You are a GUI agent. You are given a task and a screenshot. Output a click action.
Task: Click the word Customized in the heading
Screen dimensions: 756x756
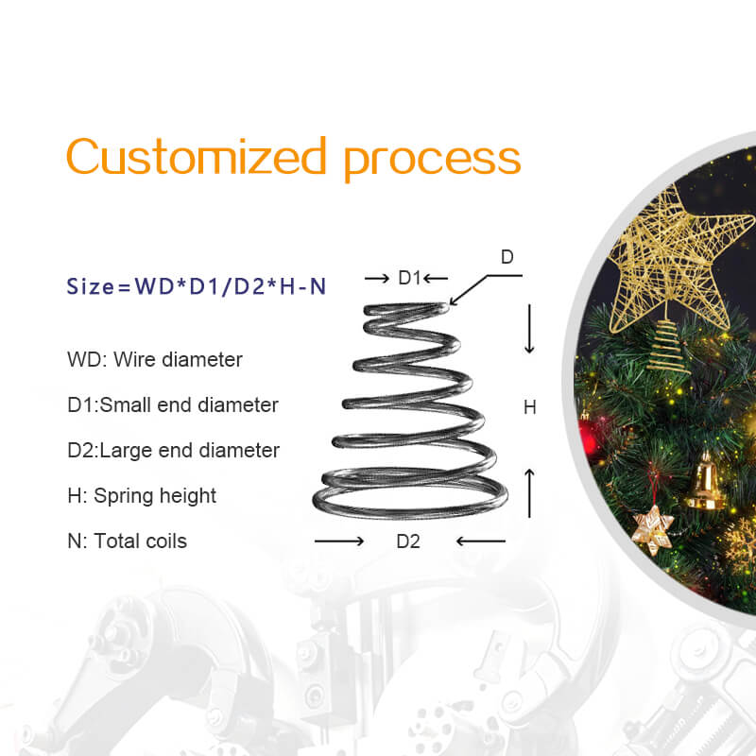click(197, 156)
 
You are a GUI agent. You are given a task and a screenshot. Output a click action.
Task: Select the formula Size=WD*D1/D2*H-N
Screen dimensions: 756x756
click(197, 286)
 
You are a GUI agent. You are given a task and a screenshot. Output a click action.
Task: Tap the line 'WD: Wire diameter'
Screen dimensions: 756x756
click(155, 360)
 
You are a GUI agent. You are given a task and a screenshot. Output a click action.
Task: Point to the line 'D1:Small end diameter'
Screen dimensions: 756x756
click(173, 405)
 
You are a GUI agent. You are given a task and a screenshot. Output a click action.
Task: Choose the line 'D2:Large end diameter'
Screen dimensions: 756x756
click(174, 451)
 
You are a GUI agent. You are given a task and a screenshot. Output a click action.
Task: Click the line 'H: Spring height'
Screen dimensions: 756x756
click(142, 496)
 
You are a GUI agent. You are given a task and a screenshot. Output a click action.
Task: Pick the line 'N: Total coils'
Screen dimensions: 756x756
click(128, 541)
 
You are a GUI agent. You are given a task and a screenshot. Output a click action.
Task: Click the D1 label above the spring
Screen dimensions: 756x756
click(409, 278)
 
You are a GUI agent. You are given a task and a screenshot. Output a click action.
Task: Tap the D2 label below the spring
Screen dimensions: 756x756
click(408, 541)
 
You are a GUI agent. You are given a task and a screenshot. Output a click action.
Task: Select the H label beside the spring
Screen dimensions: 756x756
click(529, 407)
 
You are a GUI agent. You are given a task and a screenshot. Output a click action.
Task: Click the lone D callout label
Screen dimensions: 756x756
click(507, 257)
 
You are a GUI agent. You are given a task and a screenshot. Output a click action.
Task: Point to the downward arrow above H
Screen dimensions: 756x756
click(529, 329)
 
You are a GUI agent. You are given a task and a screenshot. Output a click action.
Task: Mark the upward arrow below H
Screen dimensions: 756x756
click(529, 491)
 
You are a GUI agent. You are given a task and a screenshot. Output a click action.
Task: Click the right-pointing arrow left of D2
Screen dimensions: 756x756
click(338, 541)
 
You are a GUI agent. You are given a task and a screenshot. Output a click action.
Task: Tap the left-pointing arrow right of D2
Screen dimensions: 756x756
click(480, 541)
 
